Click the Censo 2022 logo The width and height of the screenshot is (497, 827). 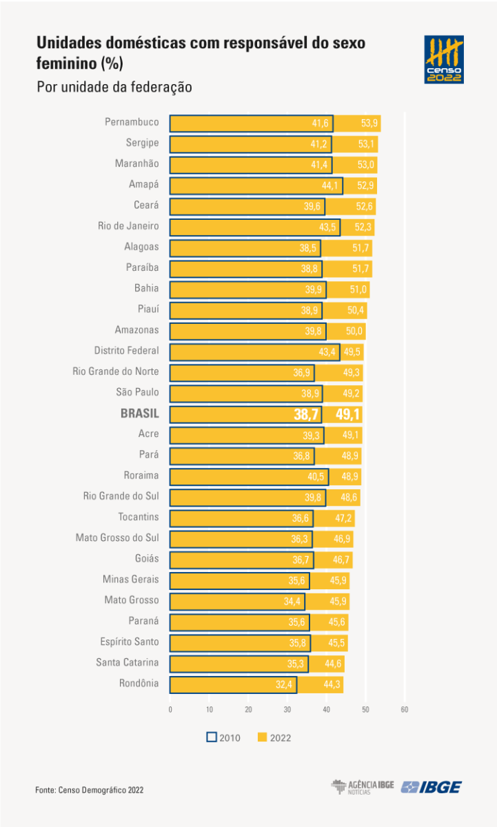tap(444, 59)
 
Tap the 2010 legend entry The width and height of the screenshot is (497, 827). tap(223, 737)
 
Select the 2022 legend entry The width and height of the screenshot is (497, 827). tap(274, 737)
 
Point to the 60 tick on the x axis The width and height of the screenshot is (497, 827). tap(405, 709)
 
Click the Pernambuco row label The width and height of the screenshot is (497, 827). tap(132, 123)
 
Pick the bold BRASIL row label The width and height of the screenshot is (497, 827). tap(139, 413)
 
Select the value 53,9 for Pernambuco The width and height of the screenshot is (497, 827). tap(369, 123)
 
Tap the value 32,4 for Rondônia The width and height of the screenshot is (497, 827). tap(284, 685)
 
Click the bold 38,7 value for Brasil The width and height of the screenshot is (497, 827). tap(307, 414)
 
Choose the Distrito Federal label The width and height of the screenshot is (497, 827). tap(126, 351)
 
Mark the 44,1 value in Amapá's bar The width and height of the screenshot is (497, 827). tap(331, 185)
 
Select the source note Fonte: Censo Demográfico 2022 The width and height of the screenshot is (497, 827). tap(90, 790)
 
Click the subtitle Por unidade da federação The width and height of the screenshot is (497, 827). tap(114, 88)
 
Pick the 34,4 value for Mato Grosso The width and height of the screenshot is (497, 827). tap(293, 602)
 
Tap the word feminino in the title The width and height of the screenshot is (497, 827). tap(67, 63)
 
